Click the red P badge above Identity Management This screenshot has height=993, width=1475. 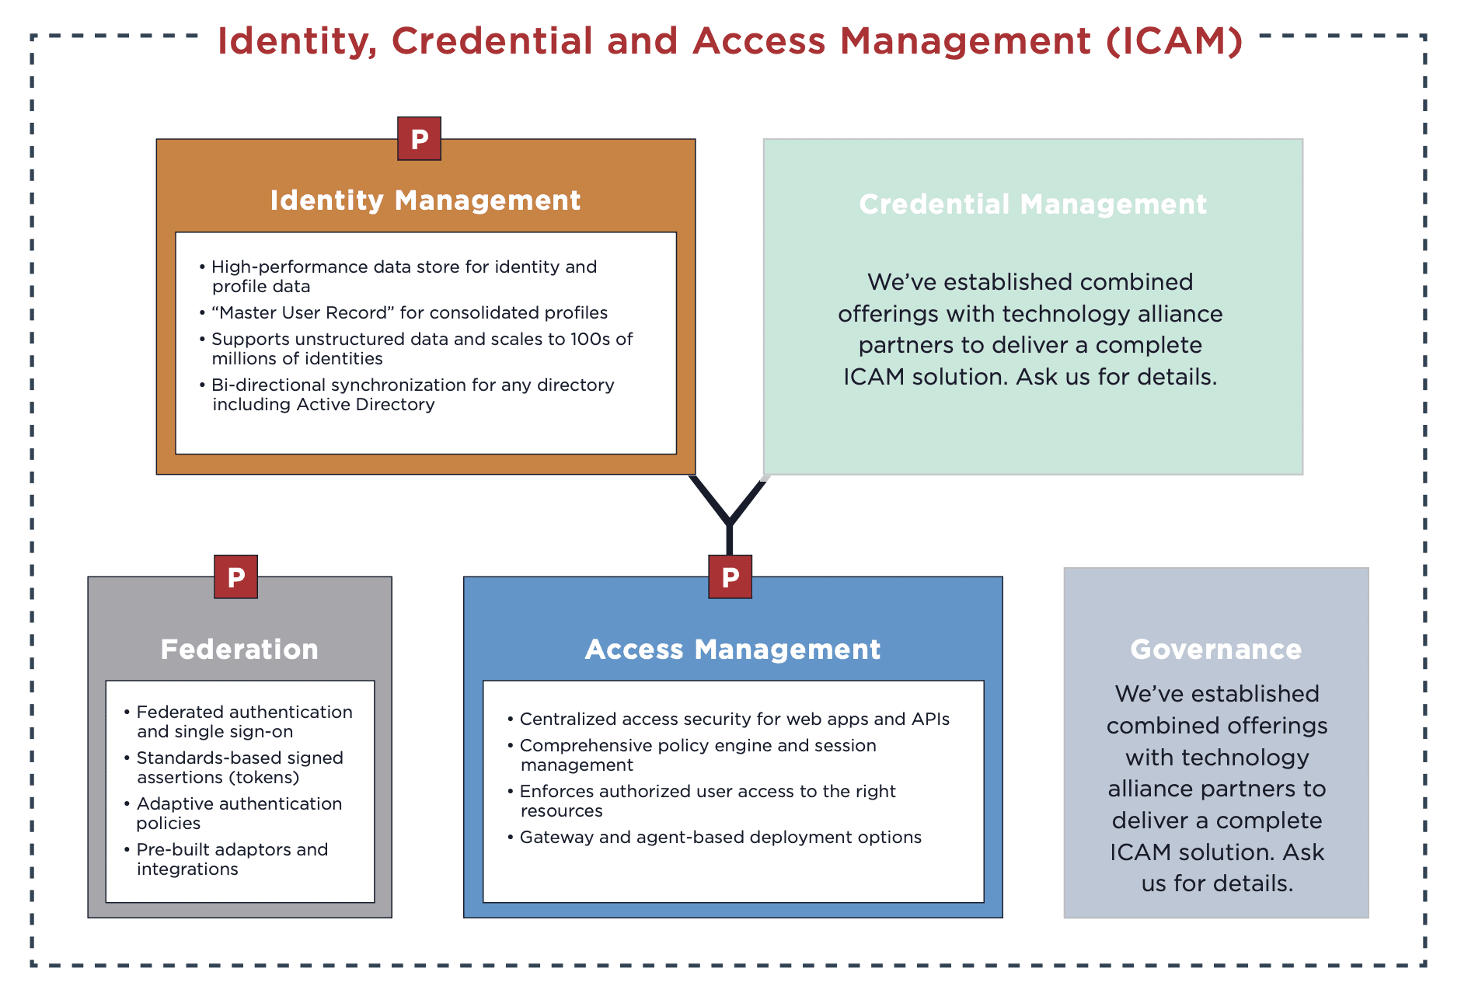(419, 139)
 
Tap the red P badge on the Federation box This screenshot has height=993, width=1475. (235, 577)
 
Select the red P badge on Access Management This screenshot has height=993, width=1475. (730, 577)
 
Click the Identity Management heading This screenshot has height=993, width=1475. (425, 200)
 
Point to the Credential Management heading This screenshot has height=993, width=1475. (1032, 204)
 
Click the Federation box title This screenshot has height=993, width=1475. (239, 650)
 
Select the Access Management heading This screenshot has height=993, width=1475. (732, 650)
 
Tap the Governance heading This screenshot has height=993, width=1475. (1215, 650)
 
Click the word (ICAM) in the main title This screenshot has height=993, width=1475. (1174, 41)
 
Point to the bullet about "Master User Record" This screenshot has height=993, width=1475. (410, 312)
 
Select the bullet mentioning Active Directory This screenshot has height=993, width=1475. (413, 395)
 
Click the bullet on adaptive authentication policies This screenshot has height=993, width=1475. (239, 814)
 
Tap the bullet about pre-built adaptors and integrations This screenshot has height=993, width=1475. (232, 859)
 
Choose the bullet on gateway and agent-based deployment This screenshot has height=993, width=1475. (720, 837)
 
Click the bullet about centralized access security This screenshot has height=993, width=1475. (734, 719)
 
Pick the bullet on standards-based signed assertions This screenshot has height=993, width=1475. (239, 768)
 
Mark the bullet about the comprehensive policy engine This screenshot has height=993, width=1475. (698, 755)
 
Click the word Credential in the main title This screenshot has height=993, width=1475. (492, 41)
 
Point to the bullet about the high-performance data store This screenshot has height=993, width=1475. (404, 277)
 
